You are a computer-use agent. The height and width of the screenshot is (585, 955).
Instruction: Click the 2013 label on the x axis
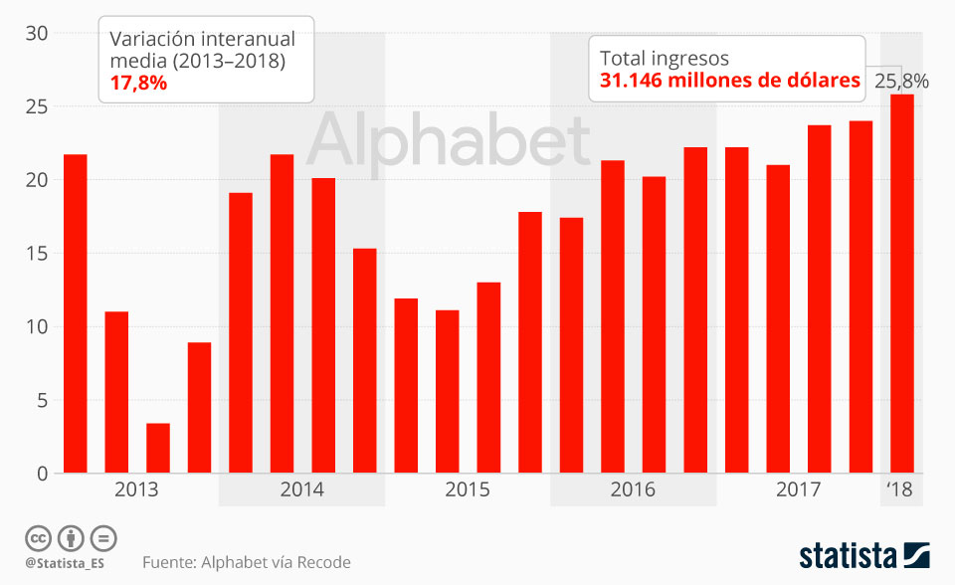pyautogui.click(x=136, y=489)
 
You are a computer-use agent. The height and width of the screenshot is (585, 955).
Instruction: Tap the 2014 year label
pyautogui.click(x=301, y=489)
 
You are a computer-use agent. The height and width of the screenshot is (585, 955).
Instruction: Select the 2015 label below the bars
pyautogui.click(x=467, y=489)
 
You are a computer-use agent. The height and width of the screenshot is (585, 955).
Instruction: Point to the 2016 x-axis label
pyautogui.click(x=633, y=489)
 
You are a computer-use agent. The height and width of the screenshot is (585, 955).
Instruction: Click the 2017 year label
pyautogui.click(x=798, y=489)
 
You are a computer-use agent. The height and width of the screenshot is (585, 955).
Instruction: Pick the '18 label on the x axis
pyautogui.click(x=899, y=489)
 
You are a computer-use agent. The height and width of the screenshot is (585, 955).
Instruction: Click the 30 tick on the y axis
pyautogui.click(x=37, y=33)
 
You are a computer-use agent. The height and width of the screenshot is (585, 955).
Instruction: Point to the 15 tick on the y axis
pyautogui.click(x=37, y=254)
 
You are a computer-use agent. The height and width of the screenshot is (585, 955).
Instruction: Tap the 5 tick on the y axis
pyautogui.click(x=42, y=401)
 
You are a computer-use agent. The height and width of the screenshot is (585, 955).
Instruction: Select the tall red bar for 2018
pyautogui.click(x=901, y=284)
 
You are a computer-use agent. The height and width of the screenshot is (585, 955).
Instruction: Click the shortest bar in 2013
pyautogui.click(x=158, y=448)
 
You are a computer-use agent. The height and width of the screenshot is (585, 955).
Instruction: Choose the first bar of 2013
pyautogui.click(x=76, y=313)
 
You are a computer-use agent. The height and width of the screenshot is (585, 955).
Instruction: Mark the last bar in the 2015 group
pyautogui.click(x=530, y=342)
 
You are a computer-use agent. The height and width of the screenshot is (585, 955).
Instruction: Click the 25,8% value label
pyautogui.click(x=901, y=82)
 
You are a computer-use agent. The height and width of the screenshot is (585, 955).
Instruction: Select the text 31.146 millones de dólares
pyautogui.click(x=729, y=81)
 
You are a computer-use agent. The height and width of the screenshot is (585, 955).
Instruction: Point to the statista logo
pyautogui.click(x=863, y=554)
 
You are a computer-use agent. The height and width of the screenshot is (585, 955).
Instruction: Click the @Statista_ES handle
pyautogui.click(x=65, y=563)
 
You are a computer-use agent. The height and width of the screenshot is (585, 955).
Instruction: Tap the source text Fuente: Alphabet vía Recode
pyautogui.click(x=247, y=563)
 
